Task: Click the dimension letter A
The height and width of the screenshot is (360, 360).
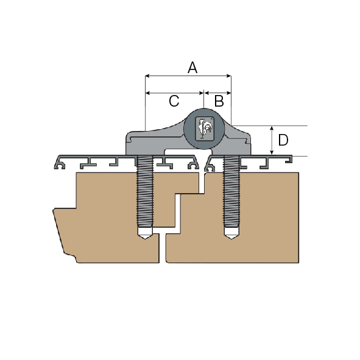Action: (192, 68)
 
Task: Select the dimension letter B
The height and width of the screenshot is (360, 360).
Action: (219, 101)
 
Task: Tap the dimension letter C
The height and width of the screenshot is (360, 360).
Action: (174, 101)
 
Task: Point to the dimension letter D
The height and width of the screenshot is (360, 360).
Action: (283, 140)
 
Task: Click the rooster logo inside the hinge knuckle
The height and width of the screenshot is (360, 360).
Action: (204, 129)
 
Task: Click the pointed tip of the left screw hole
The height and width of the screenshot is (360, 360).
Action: (144, 239)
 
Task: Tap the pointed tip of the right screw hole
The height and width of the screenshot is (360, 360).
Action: (231, 239)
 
